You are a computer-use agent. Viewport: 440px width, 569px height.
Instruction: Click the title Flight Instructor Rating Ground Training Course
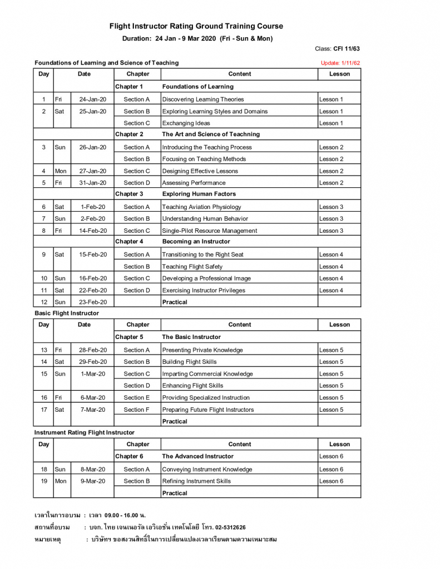click(x=196, y=26)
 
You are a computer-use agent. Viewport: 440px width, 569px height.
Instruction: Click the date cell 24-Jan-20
click(x=92, y=99)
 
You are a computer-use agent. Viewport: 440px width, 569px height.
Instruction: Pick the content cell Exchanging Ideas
click(x=186, y=123)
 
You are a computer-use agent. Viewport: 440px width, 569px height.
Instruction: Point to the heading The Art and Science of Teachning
click(x=211, y=134)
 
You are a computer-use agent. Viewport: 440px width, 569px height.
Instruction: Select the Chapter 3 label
click(x=129, y=194)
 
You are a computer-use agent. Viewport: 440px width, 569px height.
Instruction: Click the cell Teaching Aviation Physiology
click(x=201, y=207)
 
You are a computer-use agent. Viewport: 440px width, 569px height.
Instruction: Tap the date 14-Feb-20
click(x=93, y=231)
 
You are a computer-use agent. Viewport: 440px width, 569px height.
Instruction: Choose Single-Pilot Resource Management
click(x=210, y=231)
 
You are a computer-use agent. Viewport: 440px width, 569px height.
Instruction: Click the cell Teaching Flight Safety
click(x=192, y=267)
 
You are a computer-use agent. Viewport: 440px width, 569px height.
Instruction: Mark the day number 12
click(x=44, y=302)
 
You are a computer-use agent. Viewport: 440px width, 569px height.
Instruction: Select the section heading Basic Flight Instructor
click(x=67, y=313)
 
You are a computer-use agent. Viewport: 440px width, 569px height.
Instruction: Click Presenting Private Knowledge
click(x=202, y=350)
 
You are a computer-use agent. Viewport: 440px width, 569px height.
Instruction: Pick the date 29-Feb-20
click(x=93, y=362)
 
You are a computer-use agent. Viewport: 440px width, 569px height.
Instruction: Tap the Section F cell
click(x=137, y=410)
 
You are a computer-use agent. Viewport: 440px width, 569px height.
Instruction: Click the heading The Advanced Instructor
click(x=197, y=456)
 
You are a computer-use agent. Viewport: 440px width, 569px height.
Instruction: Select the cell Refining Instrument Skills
click(x=196, y=481)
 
